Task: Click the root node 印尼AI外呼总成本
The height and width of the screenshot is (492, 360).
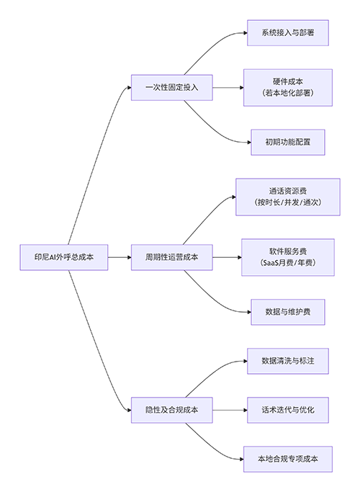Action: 64,256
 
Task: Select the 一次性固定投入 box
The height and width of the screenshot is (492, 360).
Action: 171,88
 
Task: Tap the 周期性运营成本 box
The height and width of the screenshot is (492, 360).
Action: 171,256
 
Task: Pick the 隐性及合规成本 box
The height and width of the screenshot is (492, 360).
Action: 171,410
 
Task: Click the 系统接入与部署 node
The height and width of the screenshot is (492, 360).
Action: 287,33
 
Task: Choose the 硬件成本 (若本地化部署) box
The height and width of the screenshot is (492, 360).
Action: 287,88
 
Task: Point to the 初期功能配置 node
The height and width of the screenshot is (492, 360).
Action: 287,142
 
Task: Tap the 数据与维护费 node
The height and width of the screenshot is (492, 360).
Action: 287,312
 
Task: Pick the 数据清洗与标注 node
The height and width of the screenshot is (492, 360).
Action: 287,361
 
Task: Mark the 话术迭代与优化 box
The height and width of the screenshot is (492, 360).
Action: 287,410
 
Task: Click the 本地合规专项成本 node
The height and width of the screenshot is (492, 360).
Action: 287,458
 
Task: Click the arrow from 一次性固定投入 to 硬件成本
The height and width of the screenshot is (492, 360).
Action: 227,88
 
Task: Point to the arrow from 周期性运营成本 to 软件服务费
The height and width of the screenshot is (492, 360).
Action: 226,256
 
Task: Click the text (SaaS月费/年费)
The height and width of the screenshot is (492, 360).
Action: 287,264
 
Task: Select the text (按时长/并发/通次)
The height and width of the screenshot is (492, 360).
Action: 287,203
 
